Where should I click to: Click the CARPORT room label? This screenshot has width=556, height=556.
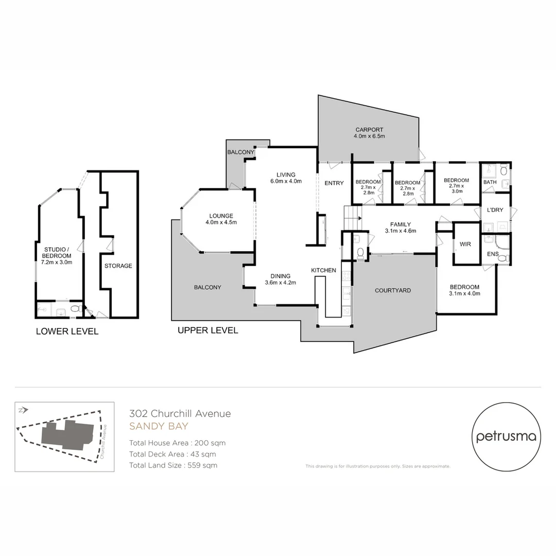(369, 133)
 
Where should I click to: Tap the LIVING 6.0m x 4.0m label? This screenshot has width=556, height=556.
(286, 178)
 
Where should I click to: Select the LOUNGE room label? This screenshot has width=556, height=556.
(221, 219)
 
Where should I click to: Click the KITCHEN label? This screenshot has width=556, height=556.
(323, 270)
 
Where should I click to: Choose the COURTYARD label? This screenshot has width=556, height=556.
(393, 290)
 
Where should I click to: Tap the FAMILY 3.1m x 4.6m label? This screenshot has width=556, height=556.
(400, 228)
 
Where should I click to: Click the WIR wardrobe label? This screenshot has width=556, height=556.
(465, 244)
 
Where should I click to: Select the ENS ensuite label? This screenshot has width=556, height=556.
(493, 254)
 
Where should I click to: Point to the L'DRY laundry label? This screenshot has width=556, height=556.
(495, 211)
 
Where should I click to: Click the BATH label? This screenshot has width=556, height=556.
(490, 182)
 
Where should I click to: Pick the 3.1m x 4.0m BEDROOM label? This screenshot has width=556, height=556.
(464, 290)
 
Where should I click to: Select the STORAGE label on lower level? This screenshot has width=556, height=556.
(118, 266)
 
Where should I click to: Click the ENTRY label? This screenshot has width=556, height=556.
(334, 183)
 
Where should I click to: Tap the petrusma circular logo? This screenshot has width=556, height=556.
(507, 437)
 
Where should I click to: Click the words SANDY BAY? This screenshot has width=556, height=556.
(159, 426)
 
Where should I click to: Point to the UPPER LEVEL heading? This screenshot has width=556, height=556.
(207, 331)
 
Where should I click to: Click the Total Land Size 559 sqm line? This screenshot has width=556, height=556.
(173, 465)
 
